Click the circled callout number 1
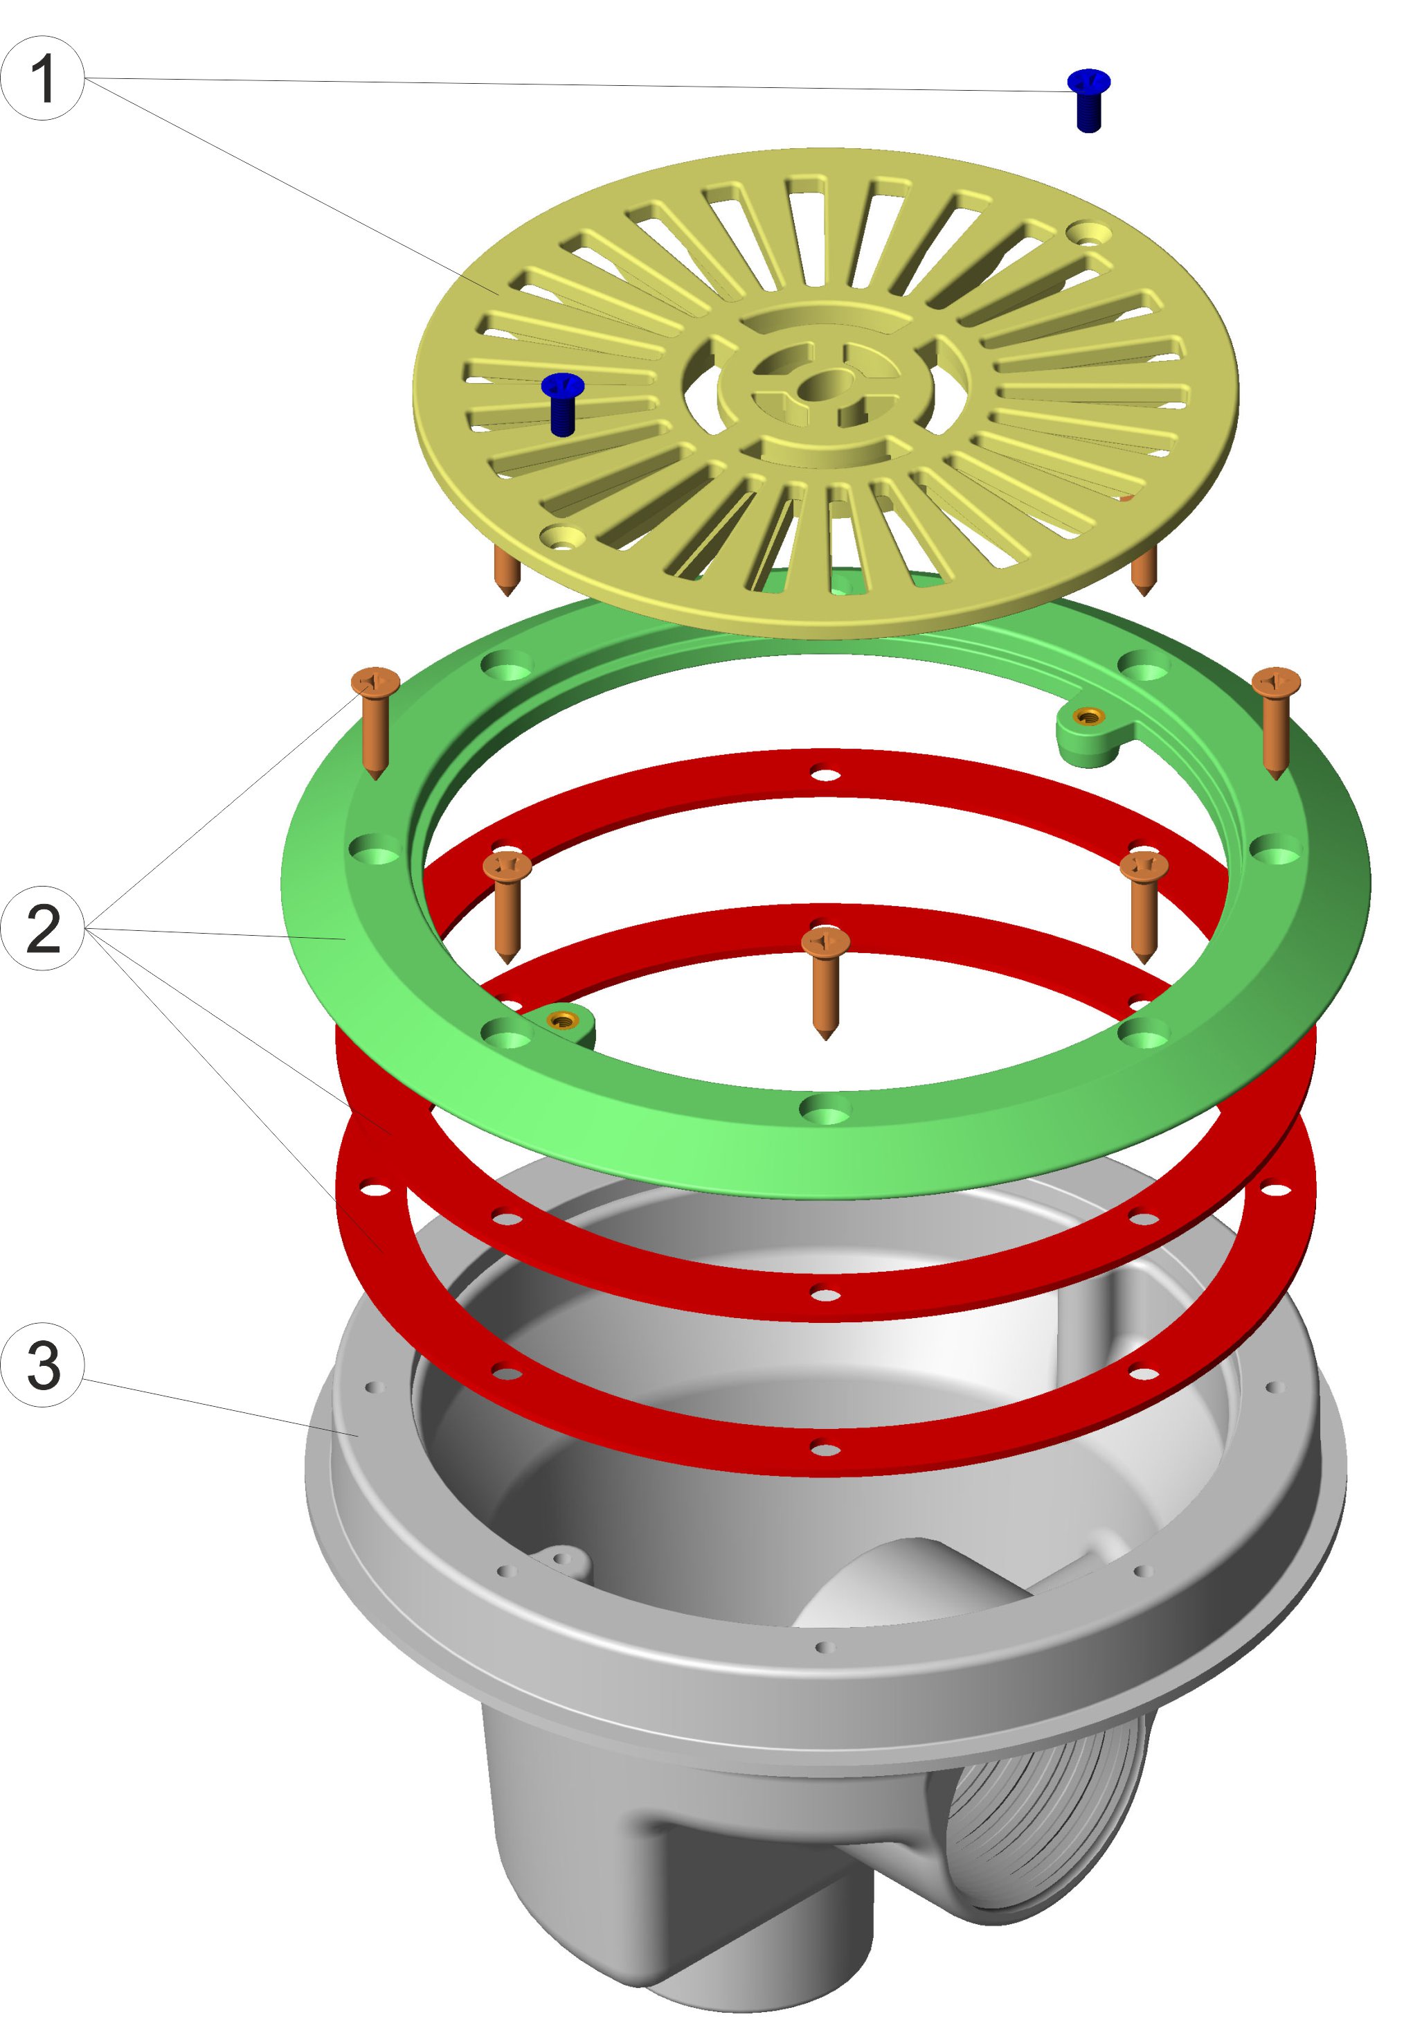coord(42,78)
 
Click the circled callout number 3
coord(42,1365)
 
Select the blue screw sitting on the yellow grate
coord(562,403)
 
